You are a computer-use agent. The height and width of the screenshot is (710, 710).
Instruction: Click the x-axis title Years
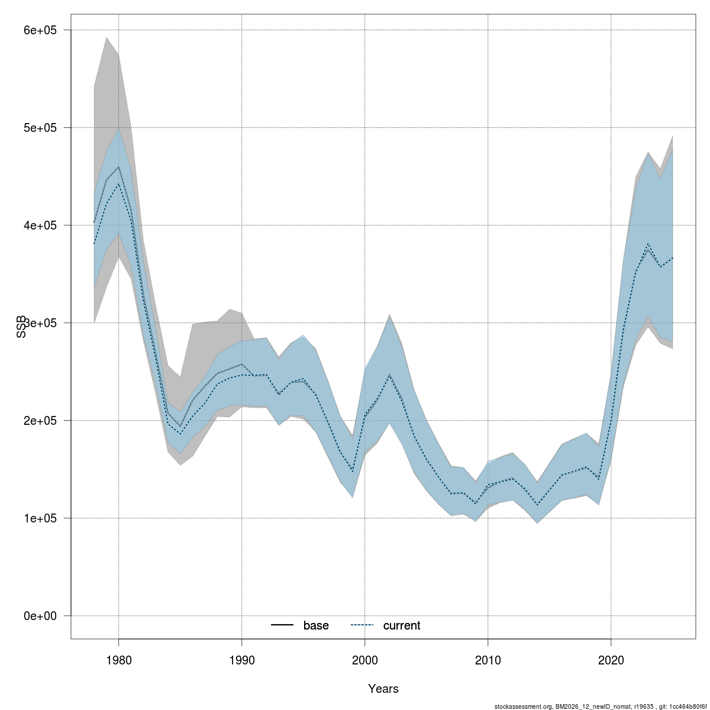click(383, 689)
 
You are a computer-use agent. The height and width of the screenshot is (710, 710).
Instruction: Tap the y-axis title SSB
click(21, 326)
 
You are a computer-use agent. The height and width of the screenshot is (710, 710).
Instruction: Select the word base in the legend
click(316, 625)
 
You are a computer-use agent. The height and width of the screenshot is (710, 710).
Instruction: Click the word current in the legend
click(402, 625)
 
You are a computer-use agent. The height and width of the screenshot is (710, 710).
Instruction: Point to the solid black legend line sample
click(283, 625)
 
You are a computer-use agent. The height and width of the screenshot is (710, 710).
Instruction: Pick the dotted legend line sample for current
click(362, 625)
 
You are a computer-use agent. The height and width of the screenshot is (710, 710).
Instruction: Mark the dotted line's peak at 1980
click(118, 184)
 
